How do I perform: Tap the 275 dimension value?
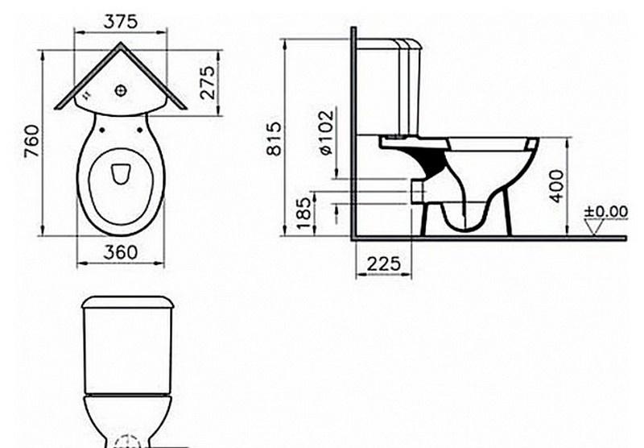pos(208,83)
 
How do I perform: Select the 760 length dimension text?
pos(31,142)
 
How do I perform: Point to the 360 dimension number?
pos(121,252)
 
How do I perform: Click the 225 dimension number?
pos(383,263)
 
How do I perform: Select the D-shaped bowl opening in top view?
pos(121,174)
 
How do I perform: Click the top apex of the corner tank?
pos(121,44)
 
